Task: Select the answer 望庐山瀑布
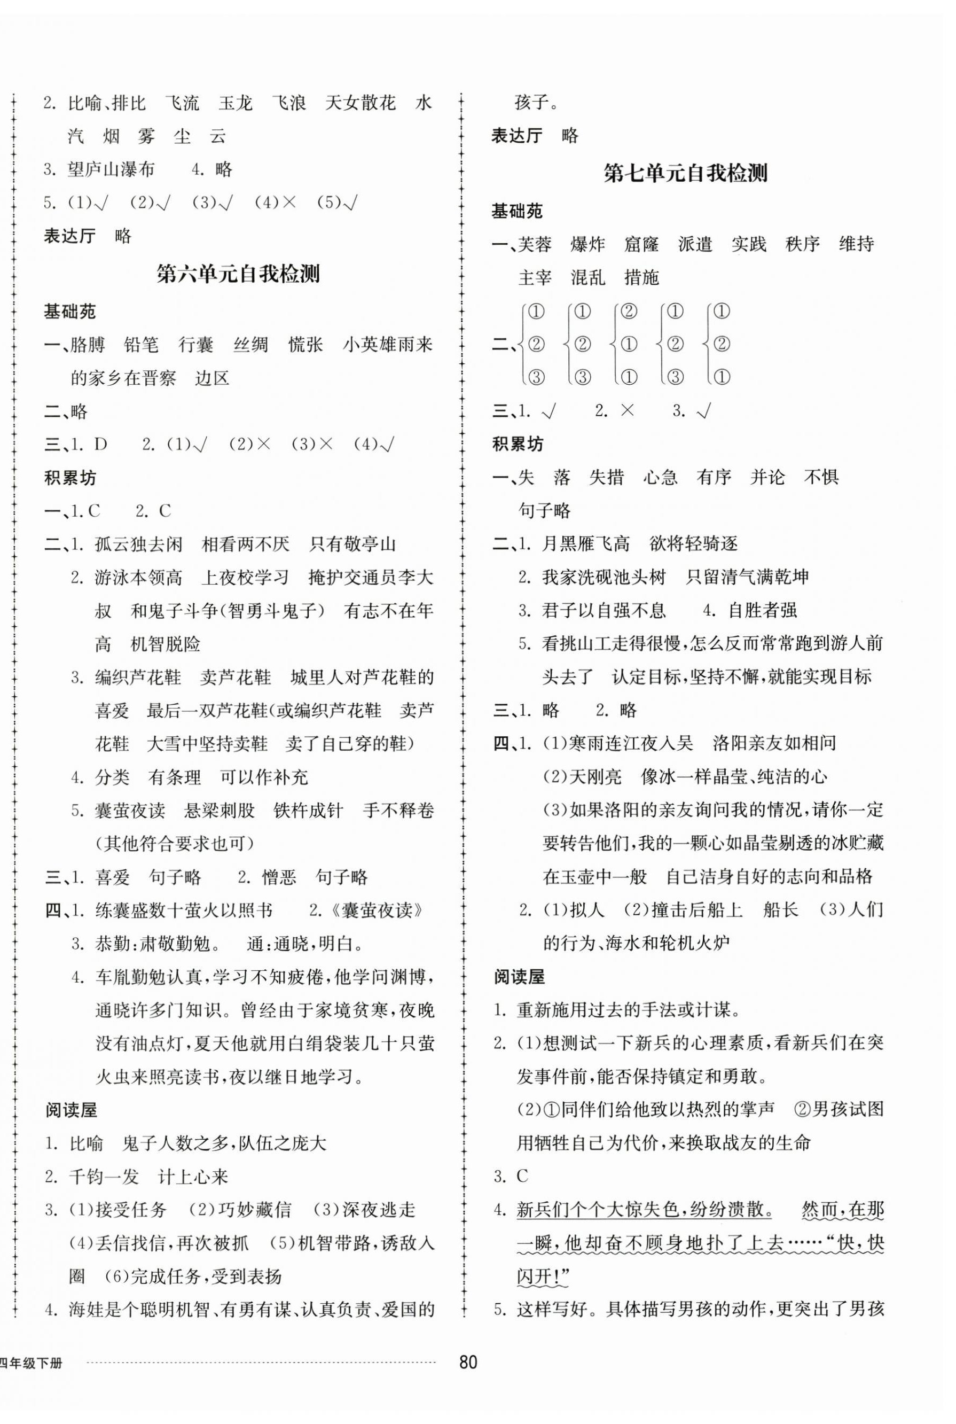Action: [111, 169]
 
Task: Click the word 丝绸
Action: [250, 345]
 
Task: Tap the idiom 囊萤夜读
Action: [130, 811]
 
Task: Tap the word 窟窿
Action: [641, 245]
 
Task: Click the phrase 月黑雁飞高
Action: [586, 543]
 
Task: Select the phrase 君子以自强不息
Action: [604, 610]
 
